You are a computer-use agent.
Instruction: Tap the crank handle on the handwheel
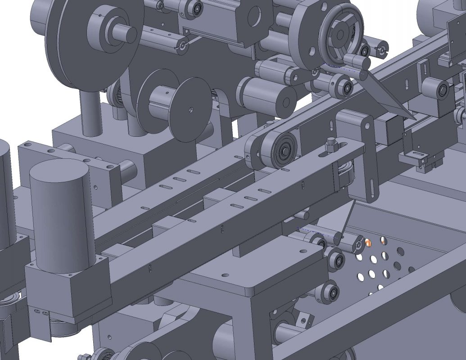355,60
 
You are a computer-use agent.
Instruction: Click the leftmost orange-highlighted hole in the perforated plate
368,243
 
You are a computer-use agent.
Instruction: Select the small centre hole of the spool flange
191,108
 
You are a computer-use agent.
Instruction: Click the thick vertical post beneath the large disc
90,112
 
